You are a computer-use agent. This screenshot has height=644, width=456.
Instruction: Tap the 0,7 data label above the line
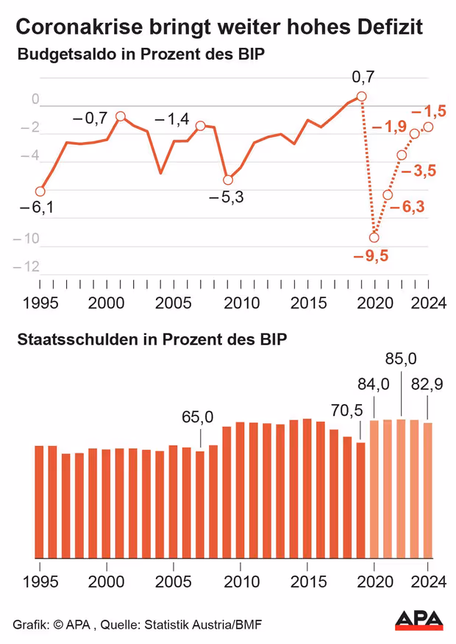[363, 77]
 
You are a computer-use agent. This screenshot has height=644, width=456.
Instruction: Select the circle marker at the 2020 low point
[374, 237]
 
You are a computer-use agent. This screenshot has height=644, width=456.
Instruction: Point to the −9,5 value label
[371, 256]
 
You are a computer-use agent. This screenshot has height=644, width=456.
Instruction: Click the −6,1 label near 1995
[37, 208]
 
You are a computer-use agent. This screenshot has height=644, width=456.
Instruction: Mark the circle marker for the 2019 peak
[361, 96]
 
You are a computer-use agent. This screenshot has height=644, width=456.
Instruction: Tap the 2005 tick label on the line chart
[174, 304]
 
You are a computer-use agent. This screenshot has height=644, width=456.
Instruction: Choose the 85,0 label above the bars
[402, 359]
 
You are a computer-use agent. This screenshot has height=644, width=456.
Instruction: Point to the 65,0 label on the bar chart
[199, 417]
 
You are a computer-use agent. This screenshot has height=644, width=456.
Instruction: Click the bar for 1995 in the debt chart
[40, 501]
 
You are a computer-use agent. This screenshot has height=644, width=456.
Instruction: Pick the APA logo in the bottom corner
[419, 620]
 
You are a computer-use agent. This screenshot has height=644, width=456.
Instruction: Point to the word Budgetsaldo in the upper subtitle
[61, 55]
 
